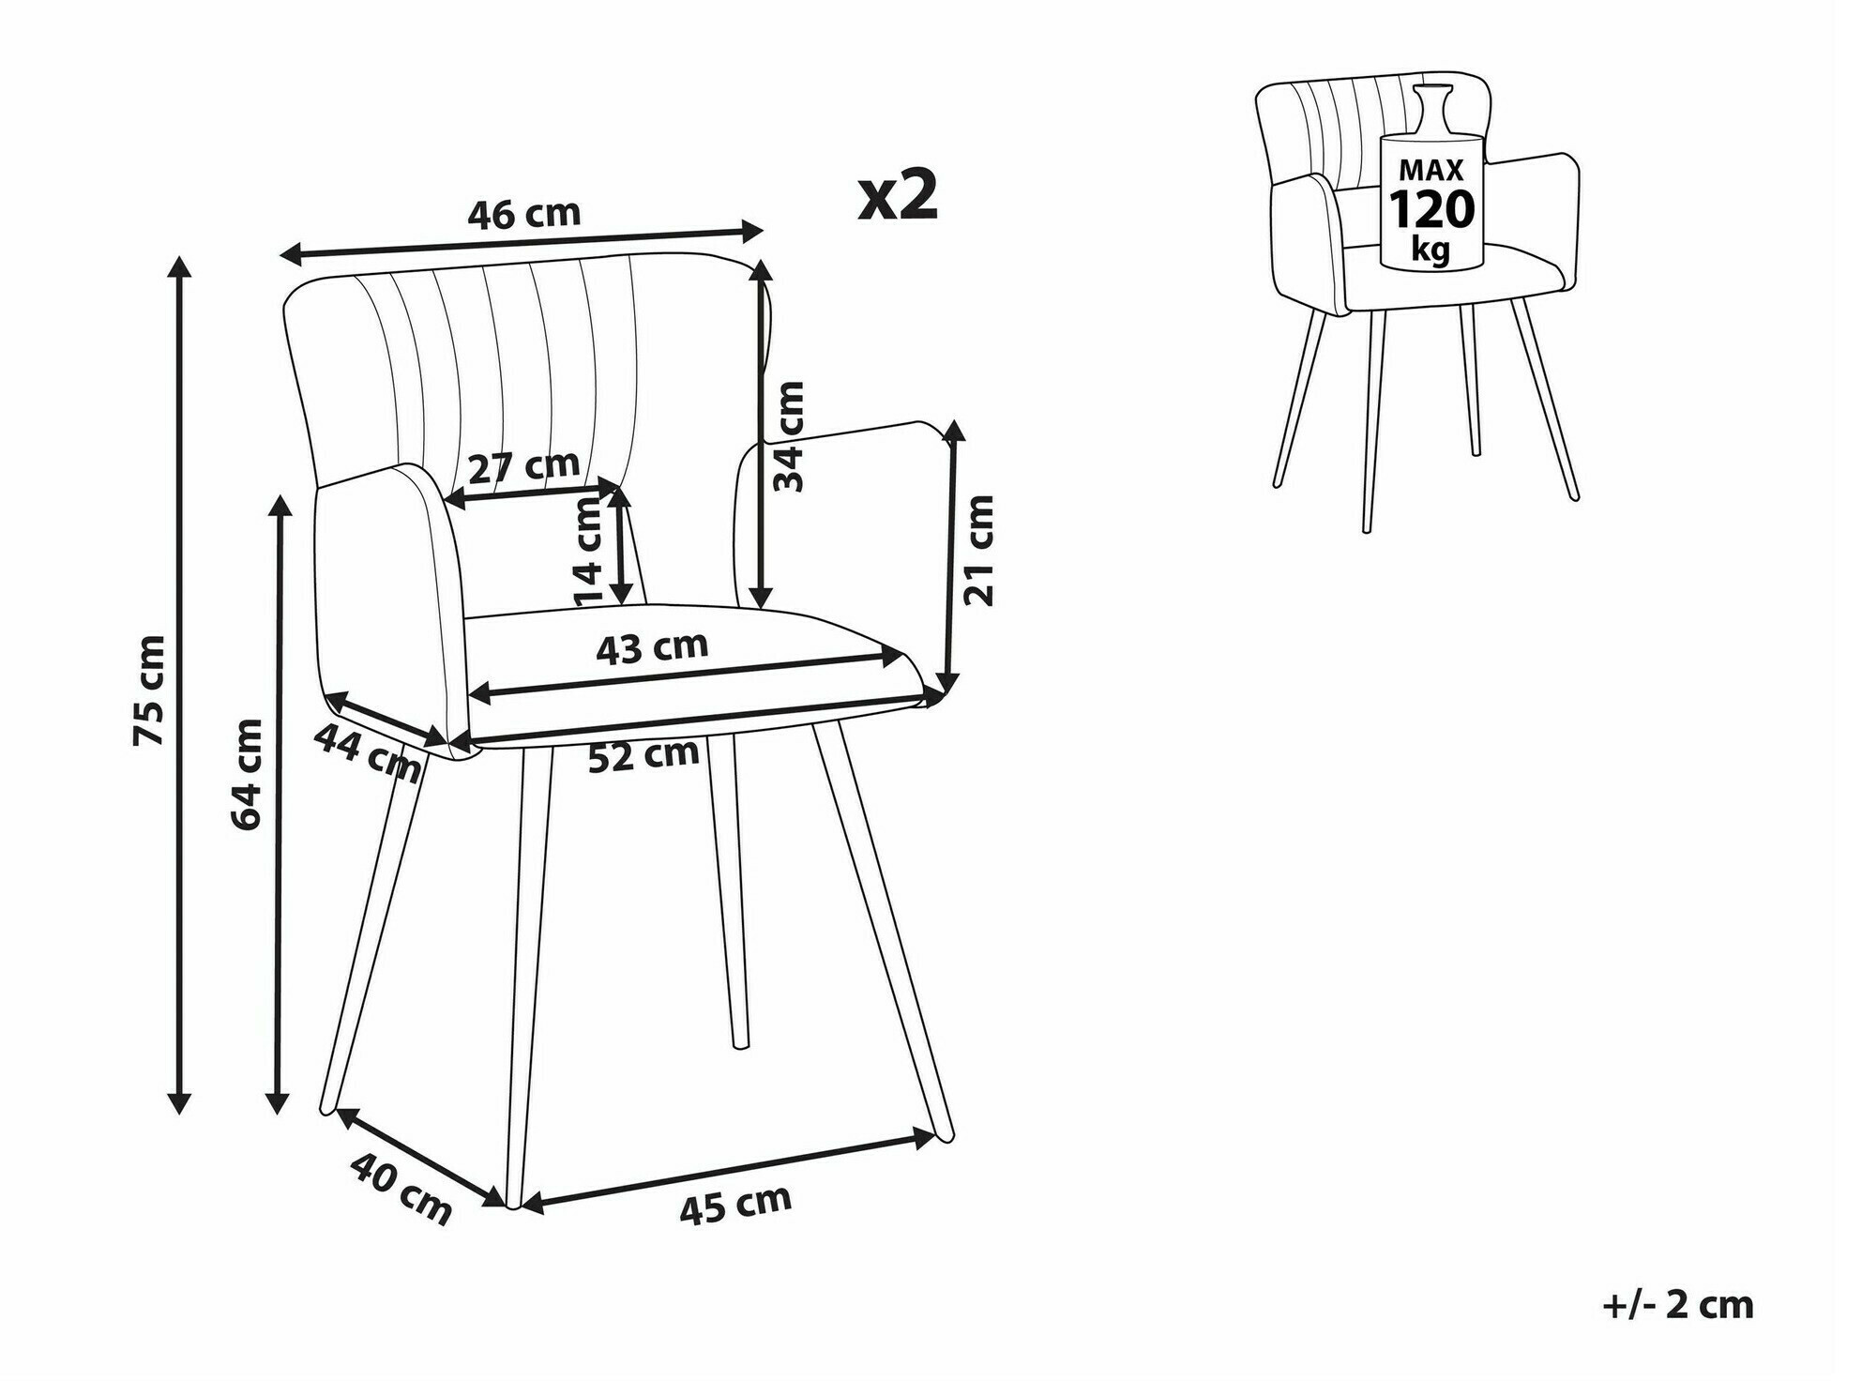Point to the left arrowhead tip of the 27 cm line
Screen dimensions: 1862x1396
pyautogui.click(x=445, y=504)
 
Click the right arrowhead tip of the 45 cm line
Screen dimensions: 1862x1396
pyautogui.click(x=936, y=1138)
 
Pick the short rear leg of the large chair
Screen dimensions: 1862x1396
pyautogui.click(x=729, y=891)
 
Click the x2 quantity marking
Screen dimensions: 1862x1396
pyautogui.click(x=898, y=195)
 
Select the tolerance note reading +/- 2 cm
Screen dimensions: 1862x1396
pyautogui.click(x=1677, y=1305)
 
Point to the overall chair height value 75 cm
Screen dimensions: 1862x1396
pyautogui.click(x=150, y=690)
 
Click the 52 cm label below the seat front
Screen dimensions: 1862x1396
pyautogui.click(x=643, y=755)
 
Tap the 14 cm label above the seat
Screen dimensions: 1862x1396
pyautogui.click(x=589, y=553)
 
